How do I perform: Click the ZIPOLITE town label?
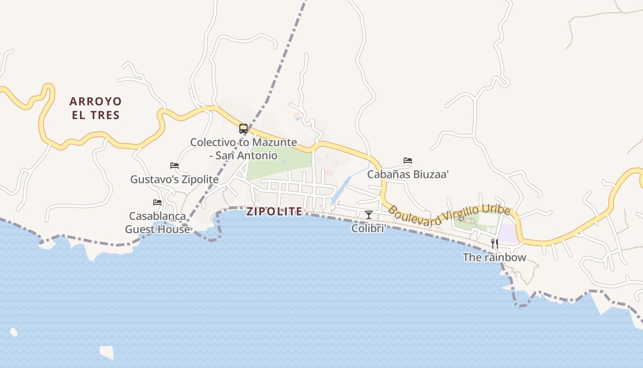tap(274, 212)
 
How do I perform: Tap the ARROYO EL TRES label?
tap(96, 108)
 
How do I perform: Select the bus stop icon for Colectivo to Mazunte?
tap(243, 129)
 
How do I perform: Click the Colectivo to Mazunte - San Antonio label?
tap(243, 149)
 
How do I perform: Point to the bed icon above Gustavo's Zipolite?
tap(174, 166)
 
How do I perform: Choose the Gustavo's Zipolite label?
tap(174, 179)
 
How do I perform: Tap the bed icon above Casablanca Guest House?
tap(158, 202)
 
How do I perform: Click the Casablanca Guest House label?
tap(158, 223)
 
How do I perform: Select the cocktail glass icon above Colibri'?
tap(368, 214)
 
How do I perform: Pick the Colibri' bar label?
tap(368, 228)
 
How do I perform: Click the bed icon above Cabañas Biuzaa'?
tap(408, 161)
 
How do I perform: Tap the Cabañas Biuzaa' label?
tap(408, 174)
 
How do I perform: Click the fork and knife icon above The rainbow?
tap(494, 243)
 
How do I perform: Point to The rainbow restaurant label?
tap(494, 257)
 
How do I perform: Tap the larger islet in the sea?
tap(107, 352)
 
